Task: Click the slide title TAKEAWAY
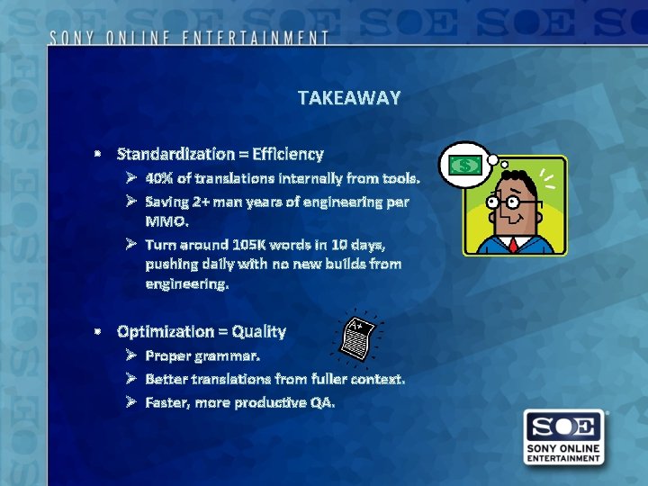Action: coord(348,98)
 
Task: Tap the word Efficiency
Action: coord(287,154)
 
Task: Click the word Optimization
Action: coord(167,331)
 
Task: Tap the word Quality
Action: coord(256,331)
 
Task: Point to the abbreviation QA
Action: coord(321,402)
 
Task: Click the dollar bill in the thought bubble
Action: coord(465,165)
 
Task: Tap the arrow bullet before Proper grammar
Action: coord(131,355)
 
